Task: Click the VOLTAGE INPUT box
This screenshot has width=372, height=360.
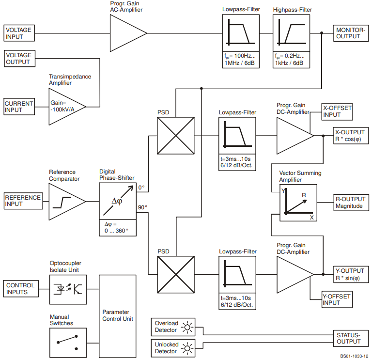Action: (18, 33)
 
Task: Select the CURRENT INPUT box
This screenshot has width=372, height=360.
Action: (19, 107)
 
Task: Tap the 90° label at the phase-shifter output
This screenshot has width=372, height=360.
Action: (142, 207)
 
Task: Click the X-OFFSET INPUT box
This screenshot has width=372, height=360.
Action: (338, 112)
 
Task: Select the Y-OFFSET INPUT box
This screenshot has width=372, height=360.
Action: (338, 300)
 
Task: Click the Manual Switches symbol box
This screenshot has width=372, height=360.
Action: (68, 342)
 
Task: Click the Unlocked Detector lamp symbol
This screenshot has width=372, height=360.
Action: (187, 348)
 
